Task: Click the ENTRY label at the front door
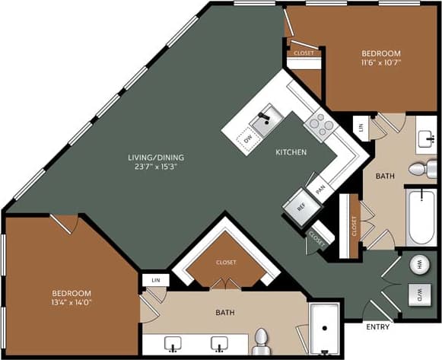379,327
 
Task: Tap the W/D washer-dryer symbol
419,293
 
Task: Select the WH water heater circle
419,266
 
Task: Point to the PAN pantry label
321,186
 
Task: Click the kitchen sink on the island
267,120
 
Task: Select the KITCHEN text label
291,153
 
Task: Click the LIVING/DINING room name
155,158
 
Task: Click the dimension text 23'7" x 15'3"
155,167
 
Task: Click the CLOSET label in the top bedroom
304,53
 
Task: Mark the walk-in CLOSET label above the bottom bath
226,263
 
